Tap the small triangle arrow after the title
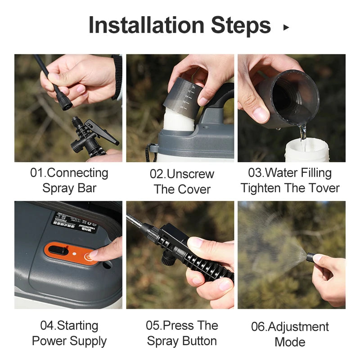click(286, 27)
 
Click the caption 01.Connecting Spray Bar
click(69, 180)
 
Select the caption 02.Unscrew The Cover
click(182, 181)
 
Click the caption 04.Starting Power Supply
click(69, 333)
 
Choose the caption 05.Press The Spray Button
click(182, 333)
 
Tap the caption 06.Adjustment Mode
click(290, 334)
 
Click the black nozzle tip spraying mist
click(310, 257)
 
